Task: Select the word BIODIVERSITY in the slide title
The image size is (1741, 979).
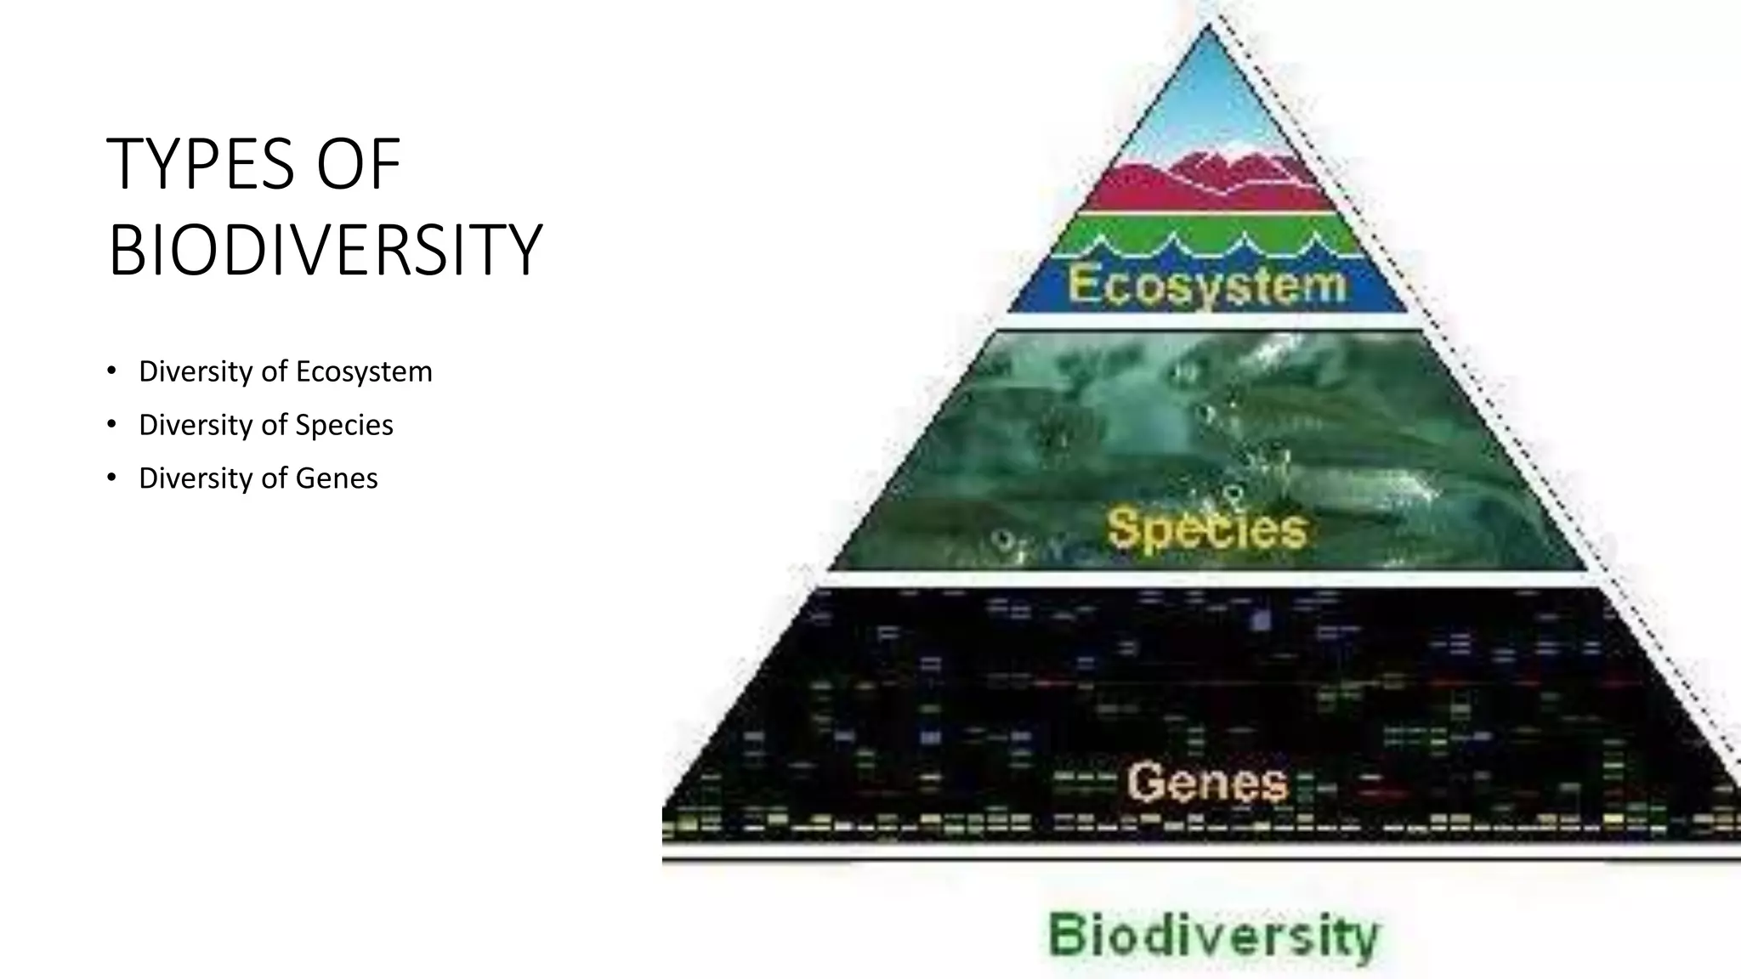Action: tap(325, 250)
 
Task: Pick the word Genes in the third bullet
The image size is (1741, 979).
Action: tap(336, 478)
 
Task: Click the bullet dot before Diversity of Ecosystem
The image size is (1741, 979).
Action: tap(111, 371)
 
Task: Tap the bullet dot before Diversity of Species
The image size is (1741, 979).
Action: tap(111, 424)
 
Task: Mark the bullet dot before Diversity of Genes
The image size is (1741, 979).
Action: tap(111, 478)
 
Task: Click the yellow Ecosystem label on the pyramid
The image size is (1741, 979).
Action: tap(1207, 285)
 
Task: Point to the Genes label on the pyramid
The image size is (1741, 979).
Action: tap(1207, 782)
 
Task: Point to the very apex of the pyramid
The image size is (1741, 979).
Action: tap(1208, 28)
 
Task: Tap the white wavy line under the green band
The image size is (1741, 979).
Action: tap(1207, 249)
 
